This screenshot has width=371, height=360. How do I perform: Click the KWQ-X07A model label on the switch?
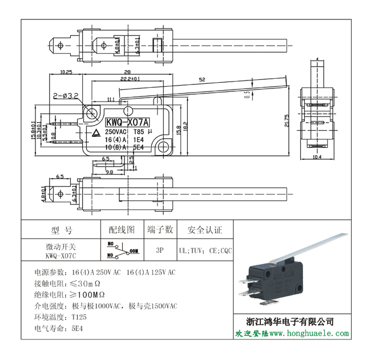tap(127, 122)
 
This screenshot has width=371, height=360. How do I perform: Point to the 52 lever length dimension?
tap(202, 79)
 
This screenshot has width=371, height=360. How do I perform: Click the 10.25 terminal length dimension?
tap(66, 72)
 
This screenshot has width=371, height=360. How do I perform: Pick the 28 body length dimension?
tap(127, 72)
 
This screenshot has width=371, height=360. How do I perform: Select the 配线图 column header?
tap(122, 230)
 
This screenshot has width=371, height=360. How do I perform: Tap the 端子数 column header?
tap(160, 230)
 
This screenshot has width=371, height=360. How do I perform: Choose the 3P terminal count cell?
tap(160, 250)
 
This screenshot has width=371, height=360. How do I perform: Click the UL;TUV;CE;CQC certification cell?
tap(205, 250)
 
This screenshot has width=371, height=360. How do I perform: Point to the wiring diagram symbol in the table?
tap(122, 250)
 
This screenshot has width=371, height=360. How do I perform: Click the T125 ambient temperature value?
tap(79, 317)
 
